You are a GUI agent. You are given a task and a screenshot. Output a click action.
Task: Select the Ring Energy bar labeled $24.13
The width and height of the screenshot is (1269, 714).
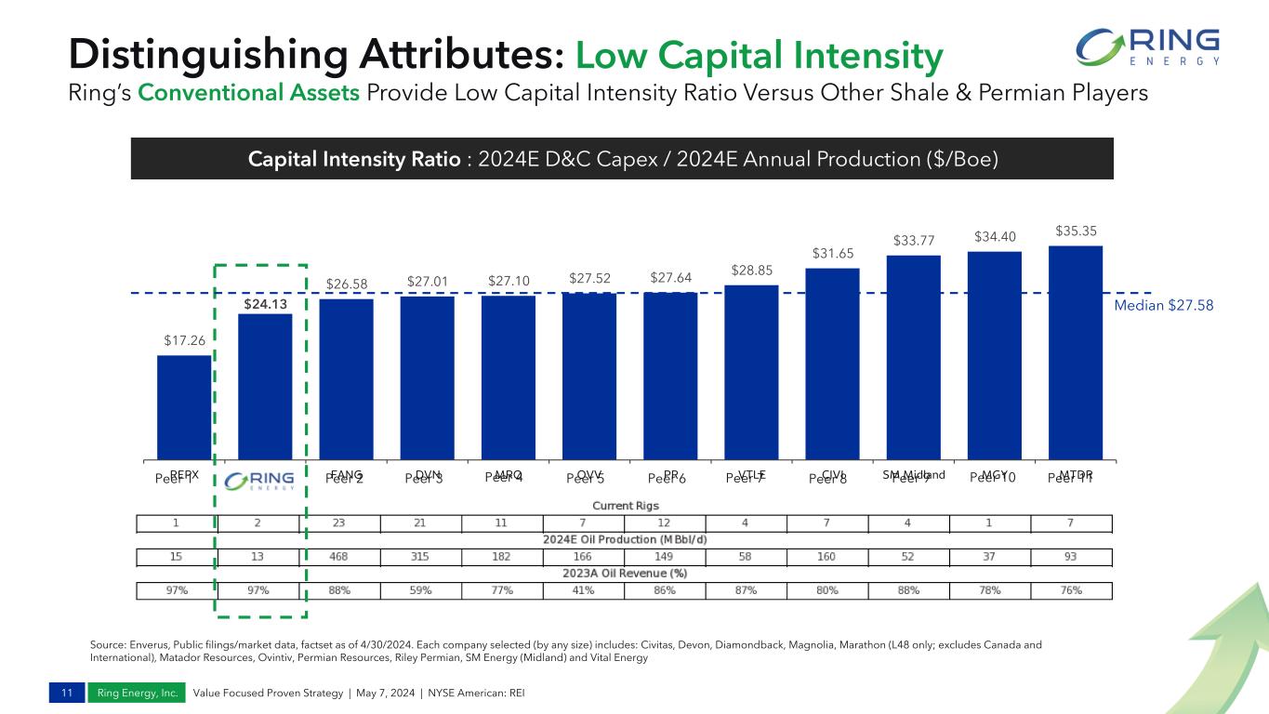point(265,386)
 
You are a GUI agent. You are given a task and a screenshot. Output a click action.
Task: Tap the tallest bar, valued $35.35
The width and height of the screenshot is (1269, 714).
point(1076,352)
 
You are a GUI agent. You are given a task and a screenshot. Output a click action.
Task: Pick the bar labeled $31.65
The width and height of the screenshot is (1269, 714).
point(832,364)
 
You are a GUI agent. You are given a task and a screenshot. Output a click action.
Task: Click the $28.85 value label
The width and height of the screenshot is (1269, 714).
point(751,270)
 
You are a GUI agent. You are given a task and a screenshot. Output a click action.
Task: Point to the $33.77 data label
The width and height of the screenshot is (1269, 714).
point(913,240)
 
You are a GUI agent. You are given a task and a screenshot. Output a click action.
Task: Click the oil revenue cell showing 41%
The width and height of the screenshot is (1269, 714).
point(585,590)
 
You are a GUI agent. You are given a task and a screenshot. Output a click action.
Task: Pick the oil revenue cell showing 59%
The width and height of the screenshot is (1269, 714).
point(423,590)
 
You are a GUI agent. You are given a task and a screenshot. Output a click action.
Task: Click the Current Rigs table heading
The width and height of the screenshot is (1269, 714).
point(626,505)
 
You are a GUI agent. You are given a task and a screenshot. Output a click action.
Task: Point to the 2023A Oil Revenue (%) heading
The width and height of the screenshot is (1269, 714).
point(626,573)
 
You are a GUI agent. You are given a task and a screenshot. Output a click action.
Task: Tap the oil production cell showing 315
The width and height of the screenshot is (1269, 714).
point(423,556)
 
